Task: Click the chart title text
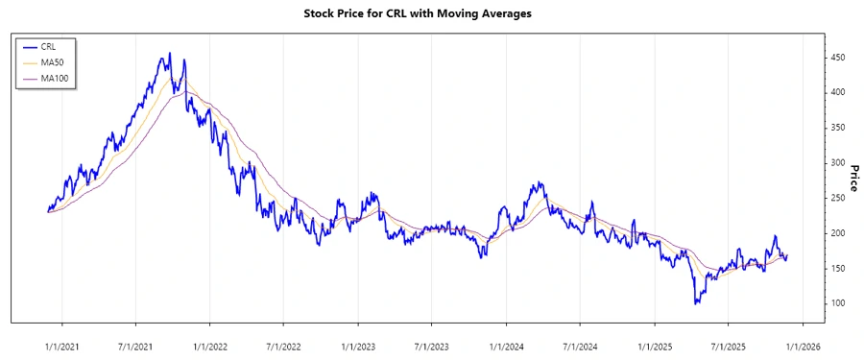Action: coord(431,14)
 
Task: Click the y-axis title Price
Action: coord(852,177)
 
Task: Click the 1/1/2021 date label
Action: coord(62,339)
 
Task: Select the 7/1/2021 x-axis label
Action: coord(135,339)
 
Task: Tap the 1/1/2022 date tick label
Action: coord(210,339)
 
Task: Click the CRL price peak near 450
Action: coord(170,54)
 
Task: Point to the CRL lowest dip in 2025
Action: coord(696,303)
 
